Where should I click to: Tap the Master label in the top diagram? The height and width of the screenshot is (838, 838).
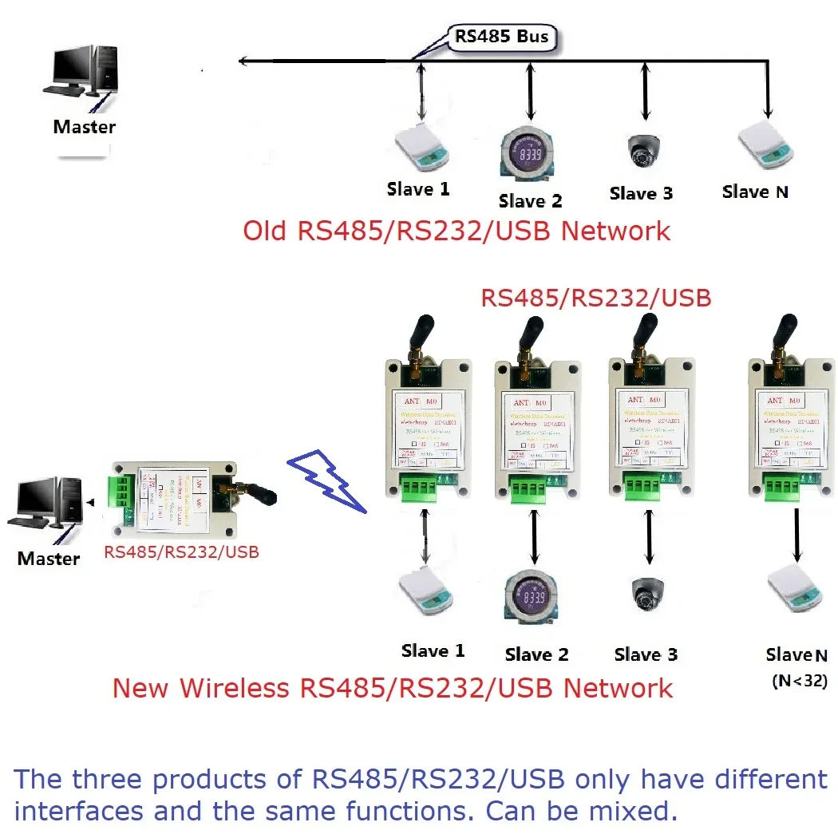84,126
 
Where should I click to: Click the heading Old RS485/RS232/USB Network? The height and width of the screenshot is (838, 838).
457,231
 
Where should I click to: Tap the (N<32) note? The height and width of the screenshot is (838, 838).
798,682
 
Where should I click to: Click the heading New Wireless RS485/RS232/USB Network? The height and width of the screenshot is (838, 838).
393,688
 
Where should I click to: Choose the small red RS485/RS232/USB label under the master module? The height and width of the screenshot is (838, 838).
182,551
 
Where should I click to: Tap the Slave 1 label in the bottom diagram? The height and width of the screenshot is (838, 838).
433,651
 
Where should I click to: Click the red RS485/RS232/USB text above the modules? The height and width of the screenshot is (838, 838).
595,298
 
